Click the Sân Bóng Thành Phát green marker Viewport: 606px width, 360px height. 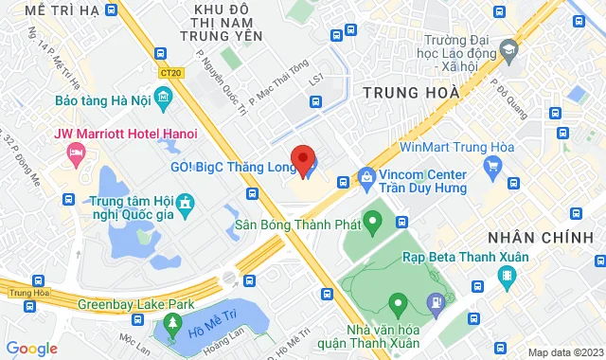pyautogui.click(x=372, y=225)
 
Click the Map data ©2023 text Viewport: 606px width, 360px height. pyautogui.click(x=564, y=352)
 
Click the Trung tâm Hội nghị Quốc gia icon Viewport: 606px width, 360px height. pyautogui.click(x=185, y=202)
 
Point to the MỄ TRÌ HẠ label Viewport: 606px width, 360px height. pyautogui.click(x=61, y=9)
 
